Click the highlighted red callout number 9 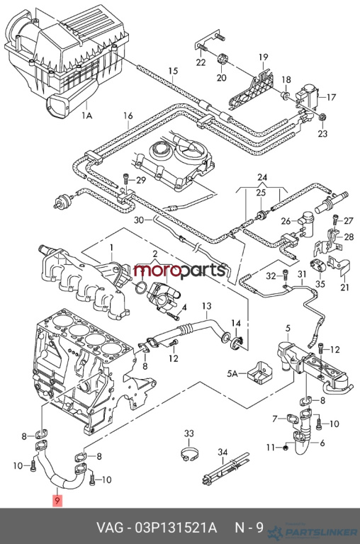[57, 501]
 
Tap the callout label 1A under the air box [86, 115]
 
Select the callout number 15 [173, 71]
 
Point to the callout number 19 [264, 57]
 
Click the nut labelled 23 [322, 118]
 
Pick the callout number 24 [262, 178]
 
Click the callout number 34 [223, 452]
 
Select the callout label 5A [232, 374]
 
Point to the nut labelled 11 [286, 448]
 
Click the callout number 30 [139, 220]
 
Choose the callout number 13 [206, 306]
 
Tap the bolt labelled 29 [125, 181]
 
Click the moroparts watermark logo [180, 271]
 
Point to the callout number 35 [320, 284]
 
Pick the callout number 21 [344, 288]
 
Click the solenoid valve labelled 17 [308, 94]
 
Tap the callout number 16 [128, 115]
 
